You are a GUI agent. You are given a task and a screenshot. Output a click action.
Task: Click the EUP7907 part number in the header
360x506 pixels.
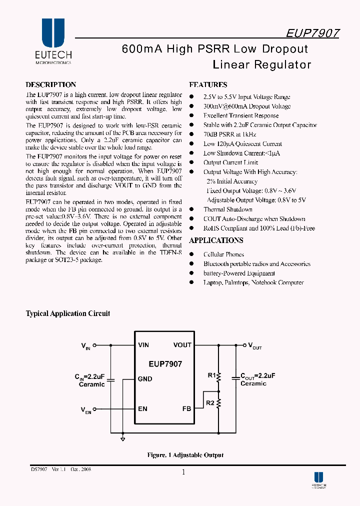pyautogui.click(x=313, y=33)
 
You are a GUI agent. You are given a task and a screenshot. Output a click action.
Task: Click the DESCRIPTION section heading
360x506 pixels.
pyautogui.click(x=51, y=85)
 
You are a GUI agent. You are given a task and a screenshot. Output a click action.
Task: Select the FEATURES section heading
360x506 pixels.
pyautogui.click(x=208, y=85)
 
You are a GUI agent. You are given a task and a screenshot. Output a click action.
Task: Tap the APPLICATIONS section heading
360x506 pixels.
pyautogui.click(x=216, y=241)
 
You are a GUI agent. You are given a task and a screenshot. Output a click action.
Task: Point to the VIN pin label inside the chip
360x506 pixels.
pyautogui.click(x=143, y=345)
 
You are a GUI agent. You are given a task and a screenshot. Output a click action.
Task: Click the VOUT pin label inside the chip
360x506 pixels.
pyautogui.click(x=182, y=345)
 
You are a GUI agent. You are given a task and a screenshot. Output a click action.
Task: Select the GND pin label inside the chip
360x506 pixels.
pyautogui.click(x=145, y=379)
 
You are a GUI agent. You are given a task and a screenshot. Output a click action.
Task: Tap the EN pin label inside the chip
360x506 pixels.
pyautogui.click(x=142, y=408)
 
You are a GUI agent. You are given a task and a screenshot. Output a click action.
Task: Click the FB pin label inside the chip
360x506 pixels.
pyautogui.click(x=186, y=408)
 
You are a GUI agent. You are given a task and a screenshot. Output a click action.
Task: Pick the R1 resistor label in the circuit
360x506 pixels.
pyautogui.click(x=211, y=375)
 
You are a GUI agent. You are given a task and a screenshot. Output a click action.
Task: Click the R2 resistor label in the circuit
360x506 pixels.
pyautogui.click(x=211, y=402)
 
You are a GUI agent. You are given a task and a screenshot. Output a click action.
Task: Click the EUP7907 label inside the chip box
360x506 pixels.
pyautogui.click(x=165, y=364)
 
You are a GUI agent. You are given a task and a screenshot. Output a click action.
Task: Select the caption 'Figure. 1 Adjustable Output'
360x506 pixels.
pyautogui.click(x=185, y=455)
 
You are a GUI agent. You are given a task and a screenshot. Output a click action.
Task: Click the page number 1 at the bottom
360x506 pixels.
pyautogui.click(x=183, y=472)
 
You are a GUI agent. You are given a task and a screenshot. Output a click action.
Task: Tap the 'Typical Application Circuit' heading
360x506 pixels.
pyautogui.click(x=68, y=313)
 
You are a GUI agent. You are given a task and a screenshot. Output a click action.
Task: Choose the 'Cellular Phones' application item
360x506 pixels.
pyautogui.click(x=223, y=254)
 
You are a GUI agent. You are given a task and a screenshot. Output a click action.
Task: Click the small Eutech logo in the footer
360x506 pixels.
pyautogui.click(x=318, y=479)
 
